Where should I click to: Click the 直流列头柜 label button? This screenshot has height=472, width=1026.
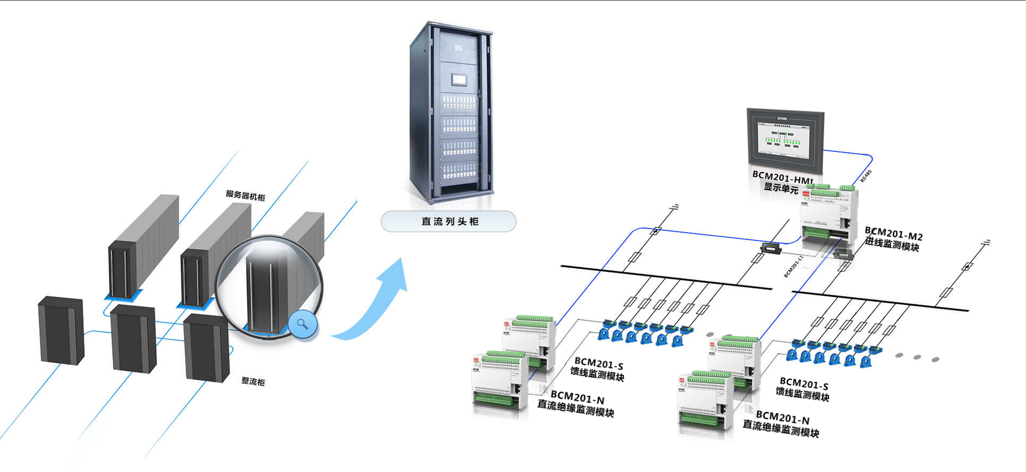tap(449, 221)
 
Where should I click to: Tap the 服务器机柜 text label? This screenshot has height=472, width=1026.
tap(246, 195)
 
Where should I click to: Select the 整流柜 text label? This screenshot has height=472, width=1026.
tap(253, 381)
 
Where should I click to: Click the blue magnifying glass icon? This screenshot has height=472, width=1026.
tap(303, 324)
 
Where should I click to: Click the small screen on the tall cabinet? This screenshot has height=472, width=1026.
tap(459, 80)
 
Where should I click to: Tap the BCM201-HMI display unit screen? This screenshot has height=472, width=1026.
tap(785, 140)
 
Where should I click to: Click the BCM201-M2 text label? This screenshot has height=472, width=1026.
tap(894, 234)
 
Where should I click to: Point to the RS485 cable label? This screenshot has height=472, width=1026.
tap(866, 176)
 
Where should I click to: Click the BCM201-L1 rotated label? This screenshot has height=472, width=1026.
tap(793, 266)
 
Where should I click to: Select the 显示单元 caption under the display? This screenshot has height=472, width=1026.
tap(780, 188)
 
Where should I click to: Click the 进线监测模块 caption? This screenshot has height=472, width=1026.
tap(892, 245)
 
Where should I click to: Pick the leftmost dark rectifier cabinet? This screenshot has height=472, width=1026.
tap(61, 330)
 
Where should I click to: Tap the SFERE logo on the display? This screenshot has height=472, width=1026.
tap(782, 118)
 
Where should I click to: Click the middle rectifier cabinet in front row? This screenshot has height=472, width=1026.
tap(133, 338)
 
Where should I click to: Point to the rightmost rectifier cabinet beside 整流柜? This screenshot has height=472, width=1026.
tap(206, 348)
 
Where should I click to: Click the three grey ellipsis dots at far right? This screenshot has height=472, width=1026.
tap(917, 357)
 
